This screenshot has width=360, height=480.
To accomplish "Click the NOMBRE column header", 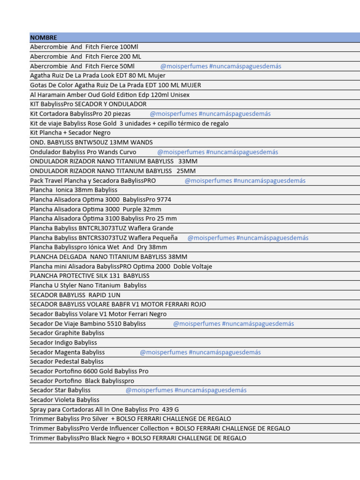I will (x=44, y=37).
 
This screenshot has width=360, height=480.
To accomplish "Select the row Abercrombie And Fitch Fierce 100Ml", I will (x=84, y=47).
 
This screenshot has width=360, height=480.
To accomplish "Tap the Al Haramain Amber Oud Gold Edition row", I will (x=110, y=95).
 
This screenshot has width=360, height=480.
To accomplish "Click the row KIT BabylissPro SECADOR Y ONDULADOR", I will (x=88, y=104).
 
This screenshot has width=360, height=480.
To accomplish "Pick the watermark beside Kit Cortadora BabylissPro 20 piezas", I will (x=210, y=114).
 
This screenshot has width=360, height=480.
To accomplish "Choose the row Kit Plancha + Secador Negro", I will (x=70, y=133).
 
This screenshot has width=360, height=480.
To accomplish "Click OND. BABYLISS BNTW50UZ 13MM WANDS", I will (x=91, y=142).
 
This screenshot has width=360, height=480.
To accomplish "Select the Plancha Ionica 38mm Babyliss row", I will (x=74, y=190).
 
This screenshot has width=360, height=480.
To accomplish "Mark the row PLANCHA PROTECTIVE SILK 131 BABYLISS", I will (x=90, y=276).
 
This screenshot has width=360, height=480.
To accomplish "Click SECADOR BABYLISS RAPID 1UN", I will (x=75, y=295).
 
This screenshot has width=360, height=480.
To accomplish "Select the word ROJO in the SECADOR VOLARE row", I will (x=196, y=304).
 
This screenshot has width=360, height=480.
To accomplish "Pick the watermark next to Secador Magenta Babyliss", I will (x=200, y=352).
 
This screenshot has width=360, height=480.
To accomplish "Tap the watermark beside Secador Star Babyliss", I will (x=186, y=390).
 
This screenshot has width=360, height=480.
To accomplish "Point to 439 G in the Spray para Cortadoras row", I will (x=170, y=409).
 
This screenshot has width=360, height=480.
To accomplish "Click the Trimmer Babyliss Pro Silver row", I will (x=130, y=419).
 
